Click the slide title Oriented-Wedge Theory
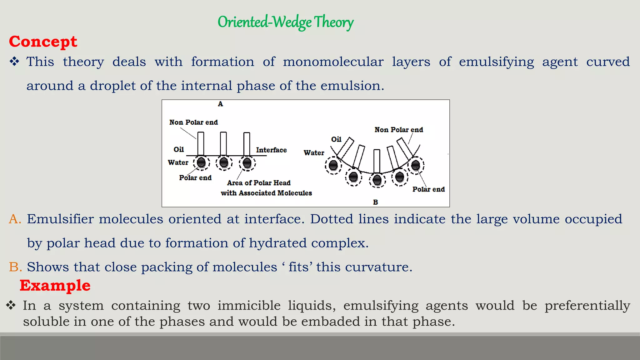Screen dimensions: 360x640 click(285, 22)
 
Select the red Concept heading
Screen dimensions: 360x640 click(43, 42)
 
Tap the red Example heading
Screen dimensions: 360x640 click(55, 285)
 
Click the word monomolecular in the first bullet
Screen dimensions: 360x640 click(333, 62)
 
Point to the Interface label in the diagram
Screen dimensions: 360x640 click(271, 150)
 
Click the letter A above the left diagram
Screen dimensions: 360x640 click(220, 104)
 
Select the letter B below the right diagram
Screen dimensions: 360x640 click(375, 202)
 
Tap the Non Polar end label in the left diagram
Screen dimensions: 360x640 click(193, 122)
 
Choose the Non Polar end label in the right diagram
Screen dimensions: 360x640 click(399, 130)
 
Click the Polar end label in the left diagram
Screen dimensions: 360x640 click(195, 178)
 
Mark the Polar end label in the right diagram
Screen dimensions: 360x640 click(428, 189)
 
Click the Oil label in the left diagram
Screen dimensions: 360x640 click(179, 149)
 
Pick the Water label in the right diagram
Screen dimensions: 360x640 click(314, 153)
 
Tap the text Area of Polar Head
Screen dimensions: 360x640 click(259, 183)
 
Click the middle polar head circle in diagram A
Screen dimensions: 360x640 click(224, 162)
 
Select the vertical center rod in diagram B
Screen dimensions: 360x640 click(377, 161)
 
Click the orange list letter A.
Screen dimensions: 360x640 click(15, 219)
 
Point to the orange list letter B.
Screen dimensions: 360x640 click(15, 267)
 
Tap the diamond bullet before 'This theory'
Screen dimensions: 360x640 click(14, 62)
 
